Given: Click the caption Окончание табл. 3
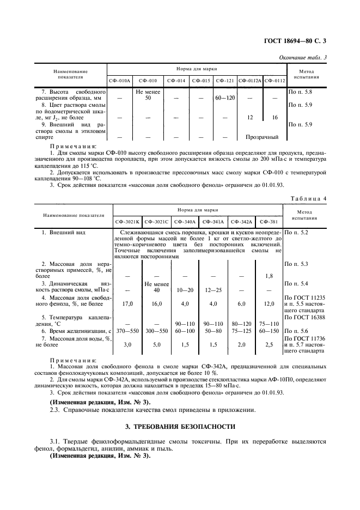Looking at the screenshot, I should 304,58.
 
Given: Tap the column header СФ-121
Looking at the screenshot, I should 224,81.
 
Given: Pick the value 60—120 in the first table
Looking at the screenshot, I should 224,98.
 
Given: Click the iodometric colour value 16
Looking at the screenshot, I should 274,117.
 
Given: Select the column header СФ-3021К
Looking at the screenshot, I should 127,222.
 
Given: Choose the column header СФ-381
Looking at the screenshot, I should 269,222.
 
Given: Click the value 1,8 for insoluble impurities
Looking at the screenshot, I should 269,276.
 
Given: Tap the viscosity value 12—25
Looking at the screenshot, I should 213,290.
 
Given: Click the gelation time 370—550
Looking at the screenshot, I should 127,331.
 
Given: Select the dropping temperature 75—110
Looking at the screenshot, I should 269,324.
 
